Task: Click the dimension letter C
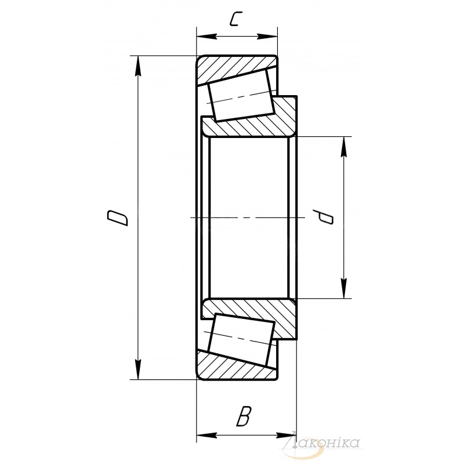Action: point(234,19)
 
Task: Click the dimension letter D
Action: point(118,218)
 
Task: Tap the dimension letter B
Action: point(244,416)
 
